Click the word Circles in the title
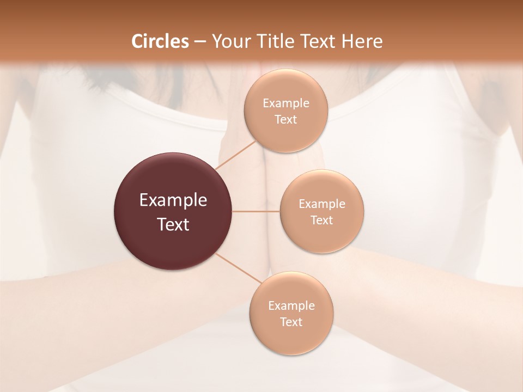(x=160, y=41)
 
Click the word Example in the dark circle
(x=173, y=200)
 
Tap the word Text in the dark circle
(x=173, y=224)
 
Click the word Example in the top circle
(x=286, y=103)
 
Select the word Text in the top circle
(x=286, y=119)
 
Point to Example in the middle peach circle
(x=322, y=204)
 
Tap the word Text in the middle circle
(x=322, y=220)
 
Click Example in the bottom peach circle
(x=291, y=306)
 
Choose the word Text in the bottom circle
(x=291, y=322)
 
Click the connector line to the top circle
(x=235, y=155)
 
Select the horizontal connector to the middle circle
(x=256, y=211)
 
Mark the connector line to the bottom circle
(x=239, y=268)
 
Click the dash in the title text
(x=200, y=41)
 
